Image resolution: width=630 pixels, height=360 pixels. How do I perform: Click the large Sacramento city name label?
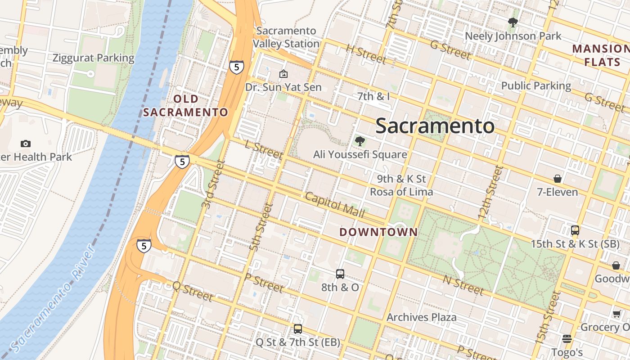click(435, 126)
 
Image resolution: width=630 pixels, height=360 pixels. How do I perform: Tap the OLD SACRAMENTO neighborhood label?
click(186, 105)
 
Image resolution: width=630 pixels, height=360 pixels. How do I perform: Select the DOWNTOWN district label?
click(378, 232)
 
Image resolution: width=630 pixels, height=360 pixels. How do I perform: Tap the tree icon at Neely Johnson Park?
click(513, 22)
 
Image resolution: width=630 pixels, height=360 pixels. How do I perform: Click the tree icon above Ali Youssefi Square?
click(360, 141)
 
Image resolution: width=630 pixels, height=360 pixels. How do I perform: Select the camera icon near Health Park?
click(26, 144)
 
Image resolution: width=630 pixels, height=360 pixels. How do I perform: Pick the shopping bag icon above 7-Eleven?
click(558, 179)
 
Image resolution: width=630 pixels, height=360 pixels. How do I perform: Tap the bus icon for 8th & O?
click(340, 274)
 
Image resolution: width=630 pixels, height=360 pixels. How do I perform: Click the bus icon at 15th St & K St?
click(575, 230)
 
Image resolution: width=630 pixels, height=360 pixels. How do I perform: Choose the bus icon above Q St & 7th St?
click(297, 329)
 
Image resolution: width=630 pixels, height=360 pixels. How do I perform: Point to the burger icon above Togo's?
click(567, 338)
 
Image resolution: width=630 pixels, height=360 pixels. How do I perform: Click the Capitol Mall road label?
click(335, 203)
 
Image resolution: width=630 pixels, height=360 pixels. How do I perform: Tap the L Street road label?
click(264, 150)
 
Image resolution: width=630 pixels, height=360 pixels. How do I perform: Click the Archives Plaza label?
click(422, 317)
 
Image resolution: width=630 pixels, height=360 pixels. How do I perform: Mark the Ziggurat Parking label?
click(94, 58)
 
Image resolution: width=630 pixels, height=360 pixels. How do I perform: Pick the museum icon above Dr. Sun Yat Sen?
click(283, 74)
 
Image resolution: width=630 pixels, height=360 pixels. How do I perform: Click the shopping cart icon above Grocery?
click(616, 314)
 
